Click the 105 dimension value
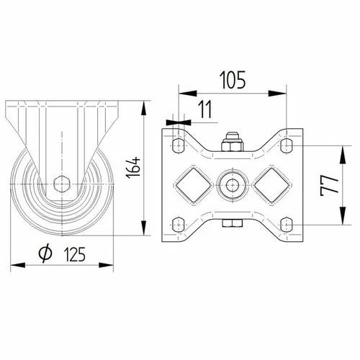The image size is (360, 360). click(233, 80)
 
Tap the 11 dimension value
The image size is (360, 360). click(205, 109)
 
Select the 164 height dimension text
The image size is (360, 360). click(133, 167)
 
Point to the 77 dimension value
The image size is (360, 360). click(330, 185)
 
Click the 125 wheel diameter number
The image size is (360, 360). click(75, 254)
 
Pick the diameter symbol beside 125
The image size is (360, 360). click(45, 253)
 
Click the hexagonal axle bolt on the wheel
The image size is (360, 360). click(62, 184)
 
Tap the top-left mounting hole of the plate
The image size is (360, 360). click(179, 145)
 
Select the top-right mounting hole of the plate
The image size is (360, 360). click(287, 145)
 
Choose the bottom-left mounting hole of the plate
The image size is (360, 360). click(179, 225)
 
